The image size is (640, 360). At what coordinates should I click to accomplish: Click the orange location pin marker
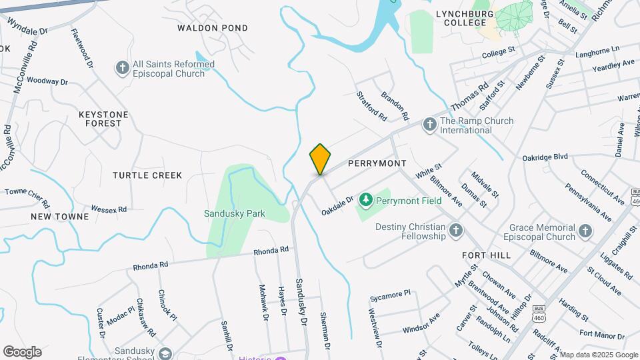pyautogui.click(x=320, y=159)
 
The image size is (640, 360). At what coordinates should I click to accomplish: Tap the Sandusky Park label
pyautogui.click(x=235, y=214)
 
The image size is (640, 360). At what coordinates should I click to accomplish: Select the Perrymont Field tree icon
pyautogui.click(x=365, y=199)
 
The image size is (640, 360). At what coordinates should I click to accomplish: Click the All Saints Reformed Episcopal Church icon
pyautogui.click(x=122, y=67)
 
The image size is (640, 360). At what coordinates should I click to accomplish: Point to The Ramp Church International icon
pyautogui.click(x=429, y=124)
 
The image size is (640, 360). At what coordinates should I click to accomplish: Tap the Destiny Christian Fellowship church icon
pyautogui.click(x=456, y=231)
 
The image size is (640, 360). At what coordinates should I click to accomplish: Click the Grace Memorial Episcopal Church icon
pyautogui.click(x=585, y=231)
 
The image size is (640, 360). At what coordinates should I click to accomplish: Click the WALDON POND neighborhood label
pyautogui.click(x=213, y=28)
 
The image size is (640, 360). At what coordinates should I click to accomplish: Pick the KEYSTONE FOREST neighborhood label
pyautogui.click(x=103, y=119)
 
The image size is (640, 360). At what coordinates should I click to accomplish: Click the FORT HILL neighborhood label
pyautogui.click(x=486, y=255)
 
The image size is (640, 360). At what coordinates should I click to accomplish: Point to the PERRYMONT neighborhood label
pyautogui.click(x=377, y=163)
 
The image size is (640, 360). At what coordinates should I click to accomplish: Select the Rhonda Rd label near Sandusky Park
pyautogui.click(x=271, y=251)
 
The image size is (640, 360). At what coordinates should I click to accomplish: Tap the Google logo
pyautogui.click(x=22, y=351)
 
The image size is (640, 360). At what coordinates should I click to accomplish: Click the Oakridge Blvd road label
pyautogui.click(x=545, y=157)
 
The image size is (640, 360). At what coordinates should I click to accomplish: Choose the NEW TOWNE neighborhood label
pyautogui.click(x=59, y=217)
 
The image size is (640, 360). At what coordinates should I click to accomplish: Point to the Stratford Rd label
pyautogui.click(x=371, y=106)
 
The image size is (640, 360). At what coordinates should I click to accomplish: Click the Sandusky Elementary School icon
pyautogui.click(x=165, y=353)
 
